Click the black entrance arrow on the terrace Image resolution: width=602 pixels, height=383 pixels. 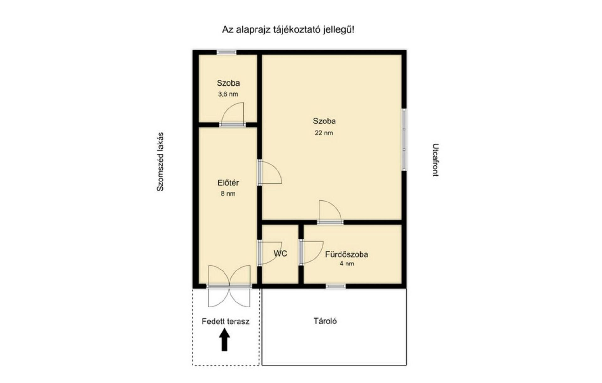tap(224, 339)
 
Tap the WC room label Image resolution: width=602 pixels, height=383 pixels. tap(280, 254)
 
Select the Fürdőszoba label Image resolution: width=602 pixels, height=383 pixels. tap(346, 254)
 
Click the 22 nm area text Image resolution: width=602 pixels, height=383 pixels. tap(324, 133)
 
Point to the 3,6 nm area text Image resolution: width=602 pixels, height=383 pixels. tap(228, 94)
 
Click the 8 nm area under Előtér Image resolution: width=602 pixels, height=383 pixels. tap(228, 194)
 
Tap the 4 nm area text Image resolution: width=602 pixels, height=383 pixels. tap(347, 264)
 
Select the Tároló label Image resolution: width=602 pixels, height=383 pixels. tap(325, 321)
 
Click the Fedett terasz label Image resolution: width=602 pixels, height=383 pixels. tap(225, 322)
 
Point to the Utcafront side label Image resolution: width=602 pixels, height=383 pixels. tap(435, 160)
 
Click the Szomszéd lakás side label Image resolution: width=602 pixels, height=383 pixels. tap(160, 162)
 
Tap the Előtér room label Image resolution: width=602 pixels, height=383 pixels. tap(228, 183)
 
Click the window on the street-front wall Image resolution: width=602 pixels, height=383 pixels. tap(404, 140)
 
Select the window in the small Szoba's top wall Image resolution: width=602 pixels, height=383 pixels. tap(226, 52)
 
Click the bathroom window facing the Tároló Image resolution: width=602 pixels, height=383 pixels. tap(335, 286)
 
